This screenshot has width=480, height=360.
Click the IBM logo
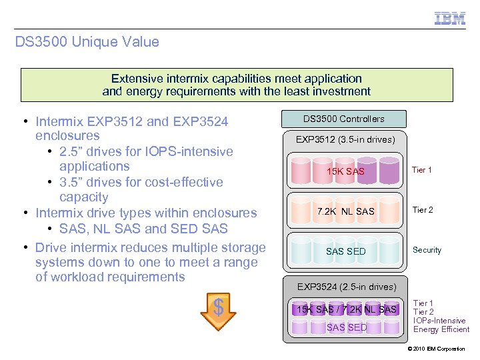point(450,18)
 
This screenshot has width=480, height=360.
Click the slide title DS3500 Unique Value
point(87,42)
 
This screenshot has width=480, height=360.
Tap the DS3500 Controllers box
point(344,119)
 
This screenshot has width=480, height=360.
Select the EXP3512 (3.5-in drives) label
point(346,139)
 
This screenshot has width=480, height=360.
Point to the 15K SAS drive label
point(345,172)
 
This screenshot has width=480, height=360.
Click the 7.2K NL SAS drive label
point(345,211)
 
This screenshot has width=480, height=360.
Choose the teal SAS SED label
point(345,251)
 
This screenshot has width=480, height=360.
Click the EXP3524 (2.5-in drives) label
point(346,287)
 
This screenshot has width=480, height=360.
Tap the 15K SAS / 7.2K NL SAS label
point(346,309)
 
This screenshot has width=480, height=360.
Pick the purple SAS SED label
point(347,327)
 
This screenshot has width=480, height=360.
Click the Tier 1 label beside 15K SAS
point(422,170)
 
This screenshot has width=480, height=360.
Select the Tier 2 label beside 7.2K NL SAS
point(423,210)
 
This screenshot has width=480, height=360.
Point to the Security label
point(427,250)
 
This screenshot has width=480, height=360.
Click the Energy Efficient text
point(441,329)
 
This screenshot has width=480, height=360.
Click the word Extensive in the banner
point(137,79)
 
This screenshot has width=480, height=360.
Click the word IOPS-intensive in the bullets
point(193,151)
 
